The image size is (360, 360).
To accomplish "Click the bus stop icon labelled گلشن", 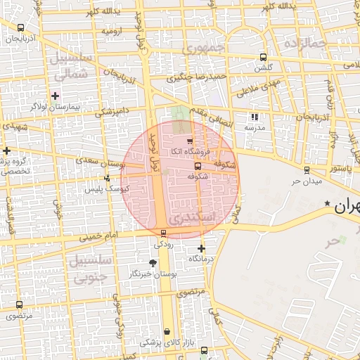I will (263, 58).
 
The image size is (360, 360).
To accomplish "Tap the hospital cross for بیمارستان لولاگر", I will (55, 96).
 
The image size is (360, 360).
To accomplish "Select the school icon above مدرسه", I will (254, 117).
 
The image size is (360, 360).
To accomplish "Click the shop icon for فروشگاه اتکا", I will (190, 142).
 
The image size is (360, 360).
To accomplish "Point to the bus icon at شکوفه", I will (197, 167).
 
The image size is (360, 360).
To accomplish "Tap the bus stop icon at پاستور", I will (307, 169).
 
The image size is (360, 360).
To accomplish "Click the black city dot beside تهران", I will (326, 205).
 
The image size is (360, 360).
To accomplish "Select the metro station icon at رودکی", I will (163, 233).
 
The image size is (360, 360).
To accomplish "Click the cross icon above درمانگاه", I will (202, 248).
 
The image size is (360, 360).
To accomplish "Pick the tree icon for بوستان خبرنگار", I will (152, 263).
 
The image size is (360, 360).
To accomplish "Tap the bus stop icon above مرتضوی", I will (18, 305).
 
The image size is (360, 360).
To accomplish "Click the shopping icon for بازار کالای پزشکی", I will (167, 331).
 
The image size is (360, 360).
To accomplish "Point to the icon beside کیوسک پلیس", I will (106, 178).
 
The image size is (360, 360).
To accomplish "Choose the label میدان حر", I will (306, 181).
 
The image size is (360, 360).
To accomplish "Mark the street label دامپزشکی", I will (112, 112).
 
